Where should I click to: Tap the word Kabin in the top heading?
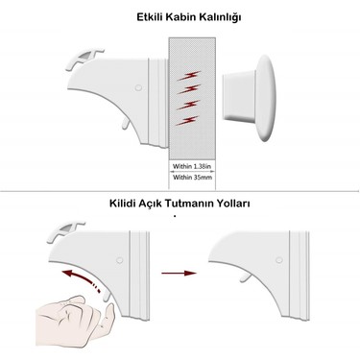tap(180, 17)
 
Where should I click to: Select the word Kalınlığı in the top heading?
tap(220, 17)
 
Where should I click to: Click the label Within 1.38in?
tap(192, 166)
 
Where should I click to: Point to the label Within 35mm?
tap(192, 177)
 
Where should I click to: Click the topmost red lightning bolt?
tap(189, 76)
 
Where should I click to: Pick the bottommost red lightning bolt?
tap(187, 120)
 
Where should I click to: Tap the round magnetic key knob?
tap(250, 98)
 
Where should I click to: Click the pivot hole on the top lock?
tap(138, 87)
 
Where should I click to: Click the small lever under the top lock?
tap(126, 124)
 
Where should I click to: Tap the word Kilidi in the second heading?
tap(123, 204)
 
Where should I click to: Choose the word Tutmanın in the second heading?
tap(189, 204)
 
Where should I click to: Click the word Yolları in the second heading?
tap(233, 204)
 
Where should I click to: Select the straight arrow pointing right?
tap(179, 273)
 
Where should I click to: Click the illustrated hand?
tap(75, 322)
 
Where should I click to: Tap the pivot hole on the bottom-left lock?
tap(119, 260)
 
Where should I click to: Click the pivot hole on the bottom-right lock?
tap(279, 260)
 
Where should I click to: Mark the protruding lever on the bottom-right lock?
tap(246, 277)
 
